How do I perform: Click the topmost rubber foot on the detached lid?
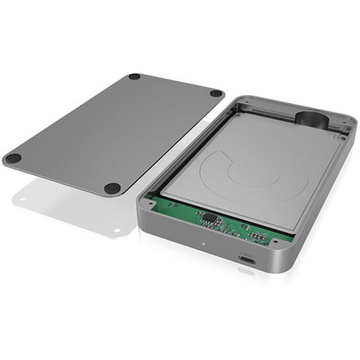point(134,76)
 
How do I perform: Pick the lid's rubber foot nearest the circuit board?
point(113,188)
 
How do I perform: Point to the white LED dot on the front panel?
point(204,244)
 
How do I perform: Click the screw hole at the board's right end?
point(274,242)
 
